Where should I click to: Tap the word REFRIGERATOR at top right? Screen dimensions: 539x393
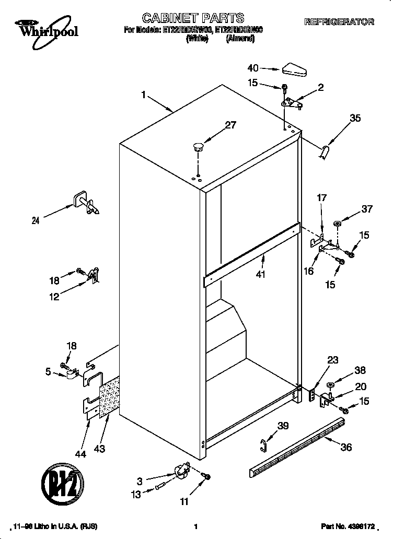(x=339, y=22)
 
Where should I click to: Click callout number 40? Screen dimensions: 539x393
(x=253, y=68)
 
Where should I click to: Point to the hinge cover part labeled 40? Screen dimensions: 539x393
(x=296, y=69)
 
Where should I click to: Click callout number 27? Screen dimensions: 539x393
(x=230, y=125)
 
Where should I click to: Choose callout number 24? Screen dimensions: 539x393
(x=35, y=220)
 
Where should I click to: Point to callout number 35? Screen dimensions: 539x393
(x=355, y=119)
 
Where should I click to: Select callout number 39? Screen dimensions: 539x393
(x=283, y=426)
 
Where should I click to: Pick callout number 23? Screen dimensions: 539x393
(x=333, y=360)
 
